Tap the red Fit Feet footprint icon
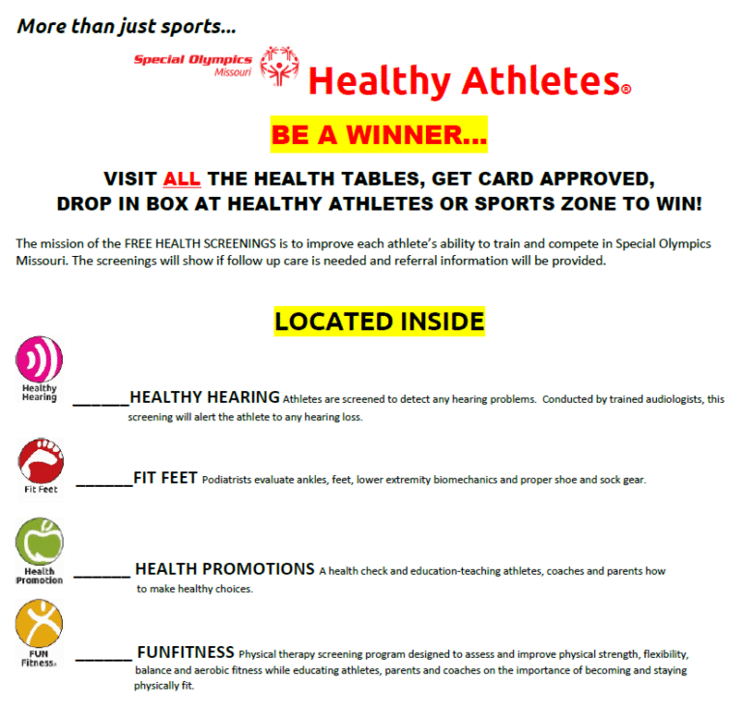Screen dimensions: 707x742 pos(40,460)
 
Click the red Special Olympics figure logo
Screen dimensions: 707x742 pos(280,66)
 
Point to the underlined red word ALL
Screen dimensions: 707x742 pos(182,179)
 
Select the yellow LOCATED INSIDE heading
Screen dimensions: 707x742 pos(379,321)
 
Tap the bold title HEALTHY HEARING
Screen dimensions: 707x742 pos(205,397)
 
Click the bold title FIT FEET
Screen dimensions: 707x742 pos(165,477)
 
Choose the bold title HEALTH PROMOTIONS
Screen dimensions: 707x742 pos(224,569)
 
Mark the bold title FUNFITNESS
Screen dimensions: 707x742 pos(185,651)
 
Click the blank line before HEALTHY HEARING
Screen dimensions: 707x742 pos(100,402)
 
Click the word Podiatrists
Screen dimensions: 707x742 pos(231,480)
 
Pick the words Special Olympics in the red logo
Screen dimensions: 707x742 pos(192,60)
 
